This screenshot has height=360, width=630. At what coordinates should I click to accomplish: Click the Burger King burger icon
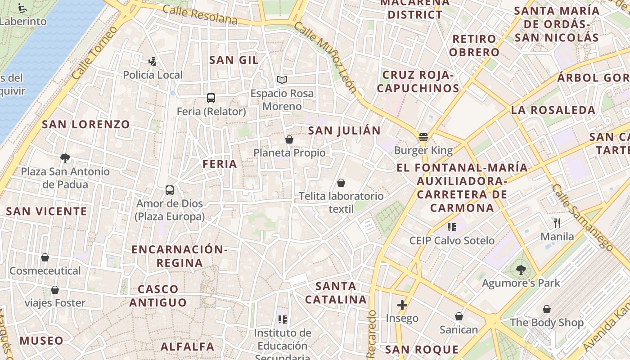[423, 137]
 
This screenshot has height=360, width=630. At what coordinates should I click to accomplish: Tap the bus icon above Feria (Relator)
[211, 98]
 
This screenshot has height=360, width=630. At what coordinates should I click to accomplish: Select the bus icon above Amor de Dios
[170, 190]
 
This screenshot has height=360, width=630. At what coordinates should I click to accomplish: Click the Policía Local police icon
[153, 62]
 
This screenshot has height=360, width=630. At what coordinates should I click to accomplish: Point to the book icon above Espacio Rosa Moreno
[282, 80]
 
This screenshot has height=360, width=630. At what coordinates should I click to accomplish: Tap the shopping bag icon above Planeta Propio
[289, 140]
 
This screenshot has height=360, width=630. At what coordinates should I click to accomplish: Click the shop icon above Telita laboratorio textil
[341, 183]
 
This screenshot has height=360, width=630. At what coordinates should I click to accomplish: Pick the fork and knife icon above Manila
[557, 223]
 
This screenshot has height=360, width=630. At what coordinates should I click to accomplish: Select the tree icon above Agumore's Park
[521, 270]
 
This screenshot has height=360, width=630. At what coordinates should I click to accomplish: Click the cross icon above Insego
[402, 305]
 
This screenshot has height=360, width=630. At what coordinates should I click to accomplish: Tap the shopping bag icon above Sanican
[459, 316]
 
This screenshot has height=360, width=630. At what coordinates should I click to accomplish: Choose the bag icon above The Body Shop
[547, 309]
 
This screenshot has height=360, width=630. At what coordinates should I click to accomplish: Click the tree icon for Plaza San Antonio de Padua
[65, 158]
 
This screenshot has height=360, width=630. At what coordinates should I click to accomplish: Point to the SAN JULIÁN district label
[344, 131]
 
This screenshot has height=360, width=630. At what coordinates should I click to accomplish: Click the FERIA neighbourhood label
[220, 164]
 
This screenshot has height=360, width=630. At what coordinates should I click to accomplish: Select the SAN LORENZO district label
[85, 125]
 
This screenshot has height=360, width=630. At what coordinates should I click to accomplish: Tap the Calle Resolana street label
[200, 15]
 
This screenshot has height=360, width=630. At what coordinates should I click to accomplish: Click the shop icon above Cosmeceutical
[45, 257]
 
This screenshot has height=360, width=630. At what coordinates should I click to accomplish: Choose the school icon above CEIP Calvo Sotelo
[452, 227]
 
